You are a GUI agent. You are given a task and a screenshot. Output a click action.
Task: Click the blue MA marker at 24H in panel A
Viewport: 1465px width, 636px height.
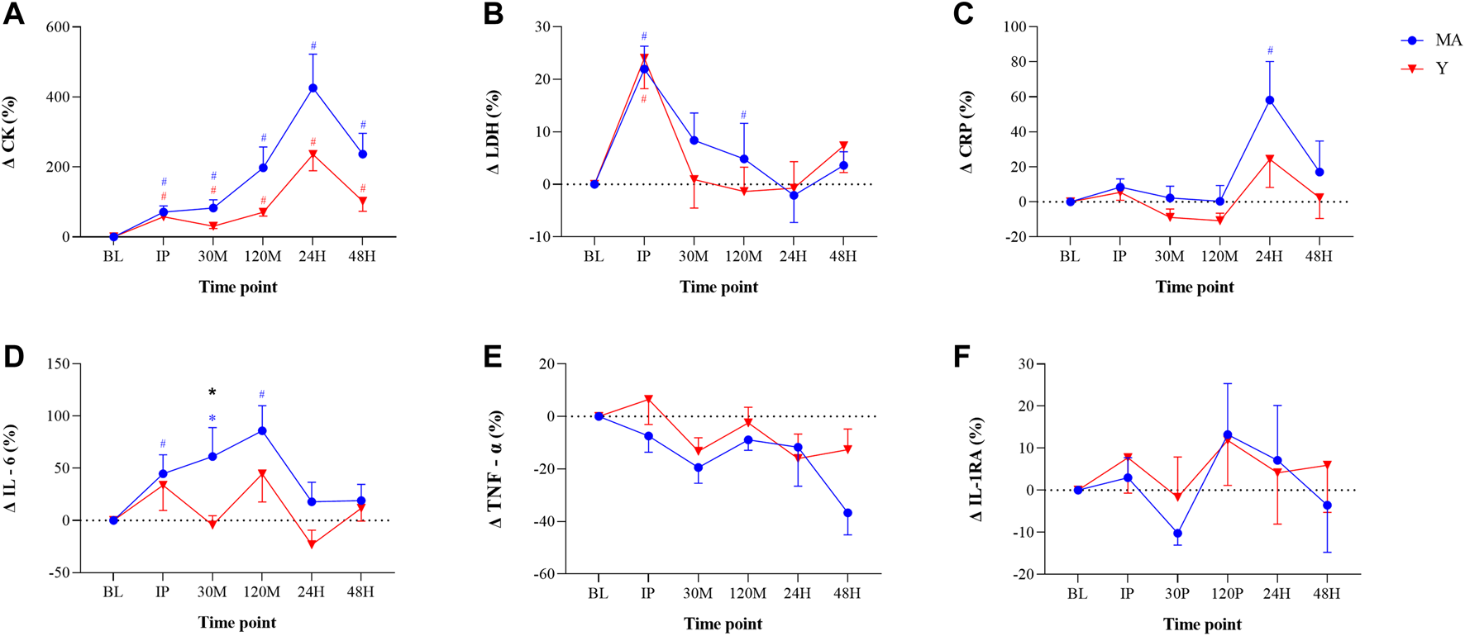point(313,88)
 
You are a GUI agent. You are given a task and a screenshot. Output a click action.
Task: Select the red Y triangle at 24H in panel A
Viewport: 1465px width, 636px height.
point(313,154)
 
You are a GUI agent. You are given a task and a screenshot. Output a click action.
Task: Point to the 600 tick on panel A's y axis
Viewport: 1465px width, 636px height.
point(57,27)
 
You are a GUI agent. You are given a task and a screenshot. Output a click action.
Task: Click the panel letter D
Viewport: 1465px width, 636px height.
point(13,356)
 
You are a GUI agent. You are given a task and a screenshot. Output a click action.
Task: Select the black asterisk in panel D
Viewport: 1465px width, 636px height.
point(212,392)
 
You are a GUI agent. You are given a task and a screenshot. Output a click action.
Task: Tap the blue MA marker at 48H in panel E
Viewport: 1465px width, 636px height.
point(847,513)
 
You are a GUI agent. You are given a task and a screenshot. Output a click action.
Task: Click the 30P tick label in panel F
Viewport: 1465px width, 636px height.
point(1177,593)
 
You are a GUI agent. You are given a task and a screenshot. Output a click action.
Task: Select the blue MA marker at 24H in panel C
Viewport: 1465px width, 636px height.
point(1269,100)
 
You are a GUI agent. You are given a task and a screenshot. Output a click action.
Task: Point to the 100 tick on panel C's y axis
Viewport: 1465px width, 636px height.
point(1014,27)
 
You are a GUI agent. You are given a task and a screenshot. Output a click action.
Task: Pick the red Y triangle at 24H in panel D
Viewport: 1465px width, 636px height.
point(312,544)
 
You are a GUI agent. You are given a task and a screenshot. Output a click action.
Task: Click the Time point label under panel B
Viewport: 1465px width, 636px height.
point(718,287)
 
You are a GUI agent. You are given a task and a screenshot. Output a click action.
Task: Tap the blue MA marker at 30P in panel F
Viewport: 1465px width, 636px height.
point(1177,534)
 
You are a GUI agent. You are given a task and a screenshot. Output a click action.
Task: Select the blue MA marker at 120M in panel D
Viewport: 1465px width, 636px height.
point(262,430)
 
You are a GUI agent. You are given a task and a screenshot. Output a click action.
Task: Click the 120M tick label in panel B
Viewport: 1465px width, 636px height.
point(742,256)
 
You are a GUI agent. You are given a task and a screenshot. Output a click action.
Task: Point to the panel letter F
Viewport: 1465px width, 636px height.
point(962,357)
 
